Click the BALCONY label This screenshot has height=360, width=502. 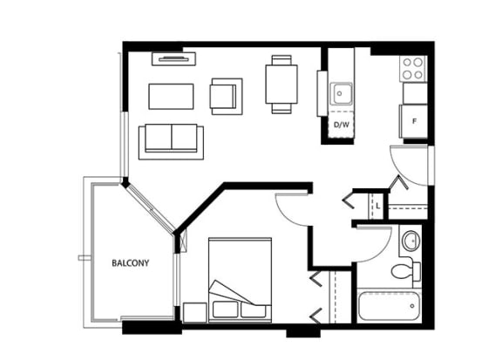click(131, 263)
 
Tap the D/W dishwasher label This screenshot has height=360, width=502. click(342, 125)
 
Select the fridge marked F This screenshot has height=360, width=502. click(414, 121)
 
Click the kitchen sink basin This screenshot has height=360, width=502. click(342, 93)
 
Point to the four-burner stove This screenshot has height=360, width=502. click(413, 69)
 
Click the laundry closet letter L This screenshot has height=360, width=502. click(378, 206)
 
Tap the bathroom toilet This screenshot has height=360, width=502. click(405, 271)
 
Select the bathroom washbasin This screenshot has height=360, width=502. click(411, 241)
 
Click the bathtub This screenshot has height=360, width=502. click(390, 306)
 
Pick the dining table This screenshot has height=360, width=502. click(282, 85)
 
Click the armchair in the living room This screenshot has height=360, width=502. click(226, 97)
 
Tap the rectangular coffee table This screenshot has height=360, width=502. click(171, 97)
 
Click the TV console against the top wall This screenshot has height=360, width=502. click(173, 59)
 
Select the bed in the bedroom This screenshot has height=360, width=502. click(240, 280)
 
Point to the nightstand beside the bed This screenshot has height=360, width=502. click(194, 312)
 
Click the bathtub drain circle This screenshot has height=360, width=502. click(412, 306)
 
